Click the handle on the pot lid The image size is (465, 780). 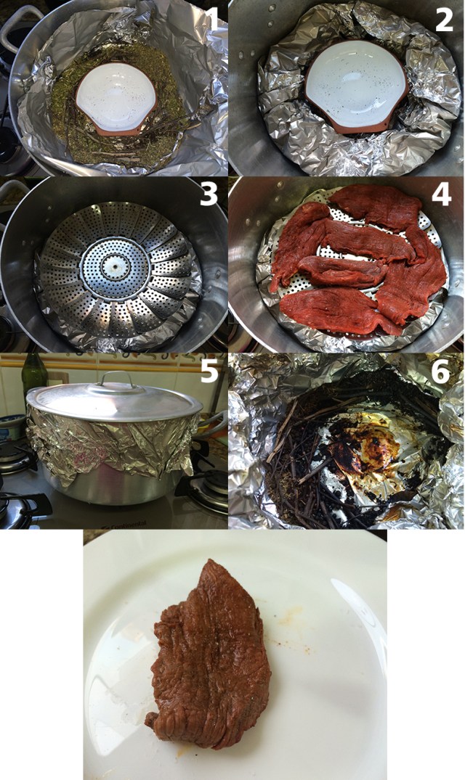pyautogui.click(x=118, y=379)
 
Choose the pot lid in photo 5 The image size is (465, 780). pyautogui.click(x=115, y=401)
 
